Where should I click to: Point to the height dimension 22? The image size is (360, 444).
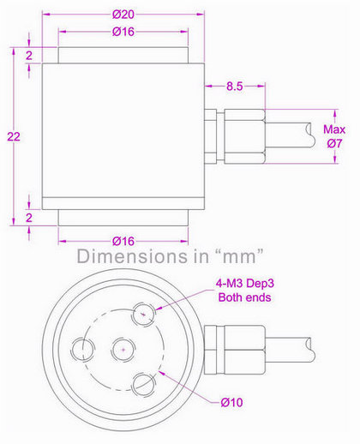coord(11,136)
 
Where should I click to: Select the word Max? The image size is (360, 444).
coord(333,130)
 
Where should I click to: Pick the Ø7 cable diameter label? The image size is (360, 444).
coord(334,145)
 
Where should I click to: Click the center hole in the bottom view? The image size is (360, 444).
coord(124,349)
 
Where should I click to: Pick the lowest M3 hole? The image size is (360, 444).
coord(142,381)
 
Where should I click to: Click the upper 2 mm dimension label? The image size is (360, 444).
coord(28,55)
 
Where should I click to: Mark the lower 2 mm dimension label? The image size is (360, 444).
coord(28,217)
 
